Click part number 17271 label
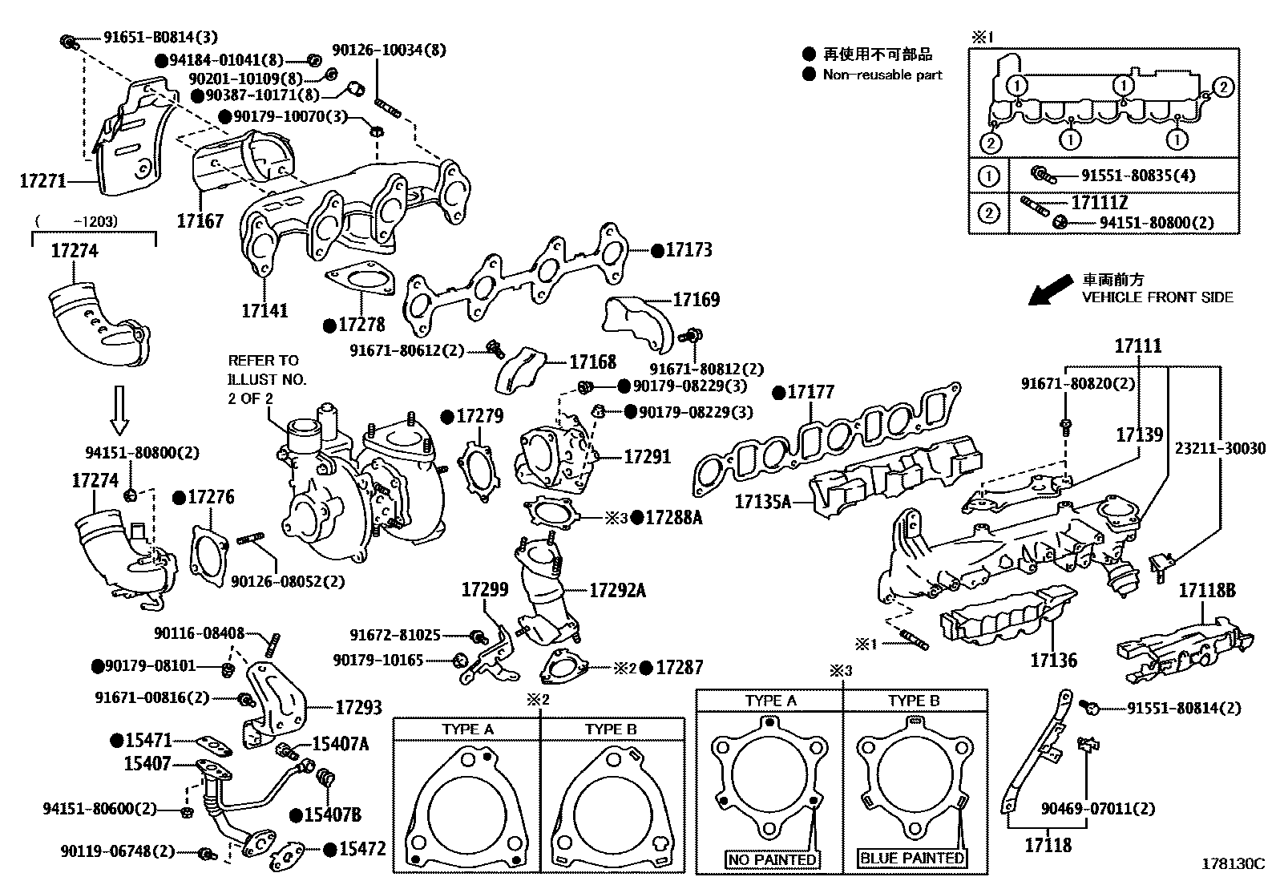point(42,182)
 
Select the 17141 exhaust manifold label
point(264,310)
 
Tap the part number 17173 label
point(688,250)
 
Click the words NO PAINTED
point(772,859)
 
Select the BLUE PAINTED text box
point(911,858)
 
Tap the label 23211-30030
point(1221,448)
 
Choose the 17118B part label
point(1206,592)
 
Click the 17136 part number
point(1053,661)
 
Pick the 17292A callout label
point(617,591)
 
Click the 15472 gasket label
point(362,849)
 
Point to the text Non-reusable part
point(882,75)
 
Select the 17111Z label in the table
point(1099,203)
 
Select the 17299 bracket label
point(484,590)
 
